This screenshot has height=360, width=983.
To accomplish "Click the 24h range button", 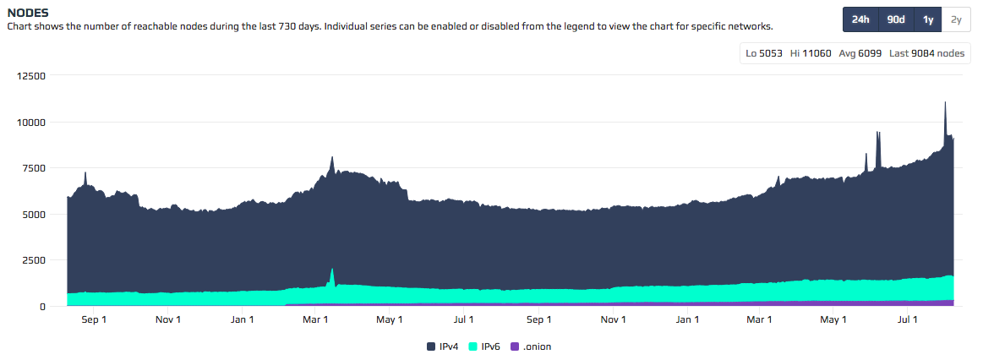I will coord(860,19).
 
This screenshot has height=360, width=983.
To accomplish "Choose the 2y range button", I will coord(955,19).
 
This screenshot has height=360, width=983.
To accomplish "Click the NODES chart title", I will coord(27,13).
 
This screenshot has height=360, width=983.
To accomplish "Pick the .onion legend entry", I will coord(532,346).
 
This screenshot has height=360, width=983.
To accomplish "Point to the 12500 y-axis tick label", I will coord(30,76).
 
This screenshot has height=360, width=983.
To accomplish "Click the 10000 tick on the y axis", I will coord(30,123).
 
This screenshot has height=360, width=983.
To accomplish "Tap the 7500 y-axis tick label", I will coord(34,168).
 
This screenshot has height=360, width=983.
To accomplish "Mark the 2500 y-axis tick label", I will coord(34,260).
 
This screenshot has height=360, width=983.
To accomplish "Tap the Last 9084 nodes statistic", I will coord(926,53).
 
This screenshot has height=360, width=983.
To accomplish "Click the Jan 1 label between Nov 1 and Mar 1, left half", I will coord(243,319).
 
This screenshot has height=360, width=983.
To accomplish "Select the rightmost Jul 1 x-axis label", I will coord(908,319).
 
